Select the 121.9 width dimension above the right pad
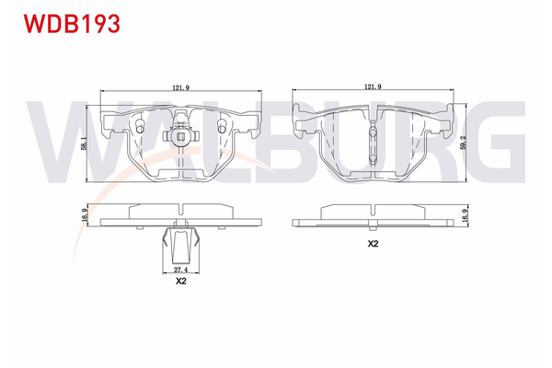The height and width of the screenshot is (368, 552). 373,86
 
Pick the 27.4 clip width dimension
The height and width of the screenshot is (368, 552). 180,271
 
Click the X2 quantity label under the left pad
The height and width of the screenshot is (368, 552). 180,283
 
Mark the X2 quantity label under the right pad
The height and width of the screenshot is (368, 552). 373,245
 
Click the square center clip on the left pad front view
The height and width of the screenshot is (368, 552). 180,140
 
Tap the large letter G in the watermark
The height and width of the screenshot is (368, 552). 497,138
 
